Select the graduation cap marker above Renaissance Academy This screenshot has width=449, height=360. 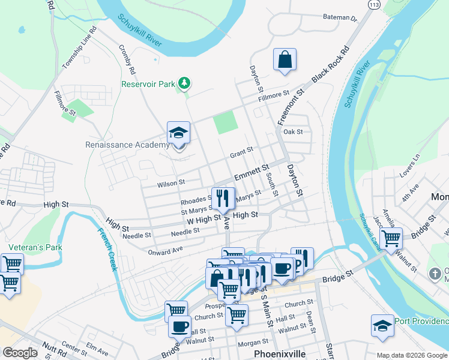179,133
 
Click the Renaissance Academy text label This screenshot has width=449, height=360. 127,145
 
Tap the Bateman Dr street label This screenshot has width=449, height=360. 340,18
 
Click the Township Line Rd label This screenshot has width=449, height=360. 79,47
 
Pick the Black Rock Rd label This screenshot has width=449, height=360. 330,65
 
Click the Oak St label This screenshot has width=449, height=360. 293,131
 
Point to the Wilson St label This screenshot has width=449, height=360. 170,182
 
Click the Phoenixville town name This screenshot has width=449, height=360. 280,353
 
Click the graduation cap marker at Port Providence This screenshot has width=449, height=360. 382,325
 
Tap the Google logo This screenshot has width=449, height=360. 20,353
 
